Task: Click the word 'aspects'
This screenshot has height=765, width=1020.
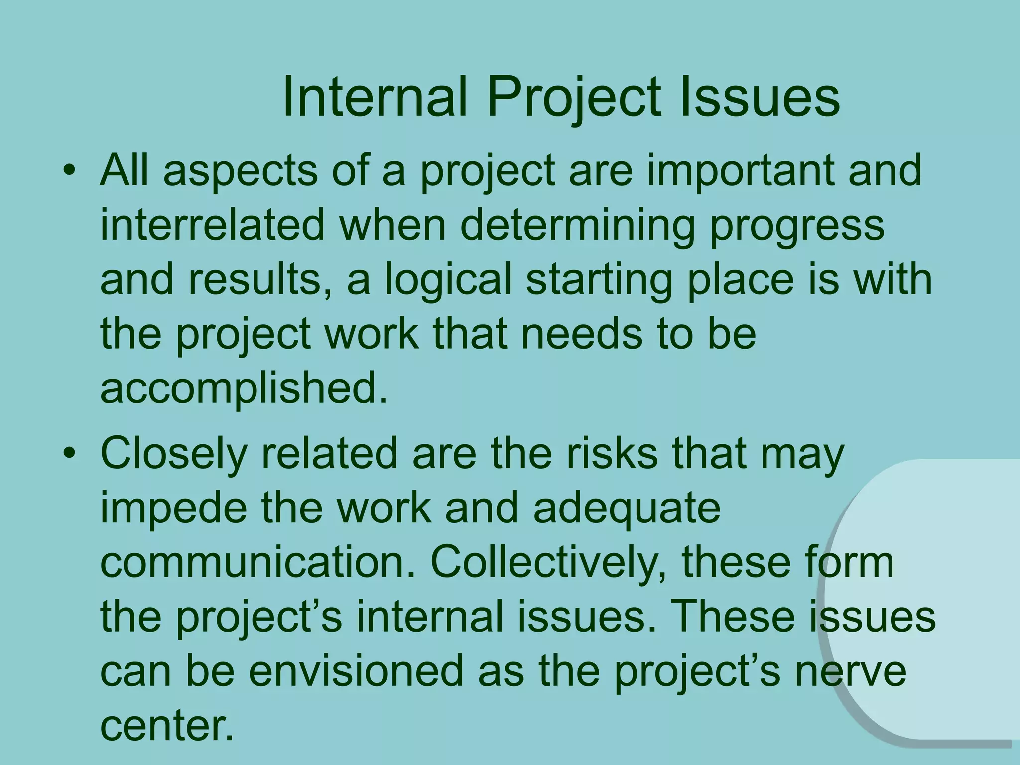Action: [240, 171]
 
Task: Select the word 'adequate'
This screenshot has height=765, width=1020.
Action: [626, 509]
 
